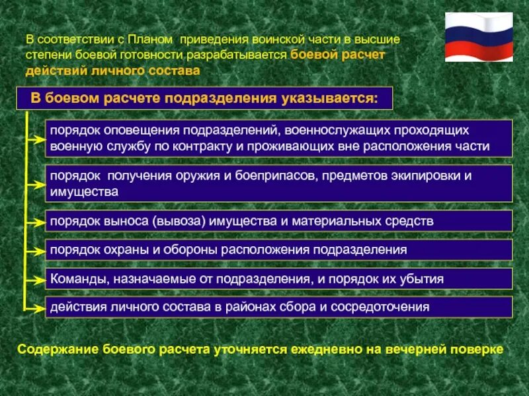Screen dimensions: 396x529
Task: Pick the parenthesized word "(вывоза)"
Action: [180, 222]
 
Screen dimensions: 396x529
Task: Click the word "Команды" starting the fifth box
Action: [73, 279]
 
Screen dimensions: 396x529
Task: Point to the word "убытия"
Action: [421, 279]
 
